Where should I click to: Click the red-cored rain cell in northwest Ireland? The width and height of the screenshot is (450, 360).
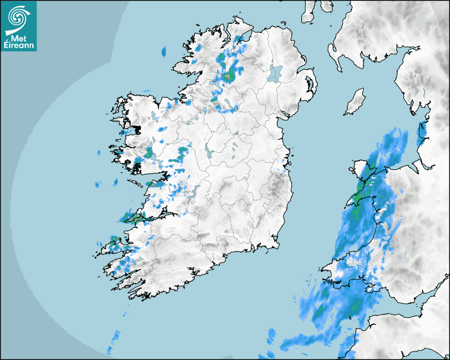point(228,76)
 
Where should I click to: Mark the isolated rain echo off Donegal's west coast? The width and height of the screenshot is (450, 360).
point(164,51)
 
